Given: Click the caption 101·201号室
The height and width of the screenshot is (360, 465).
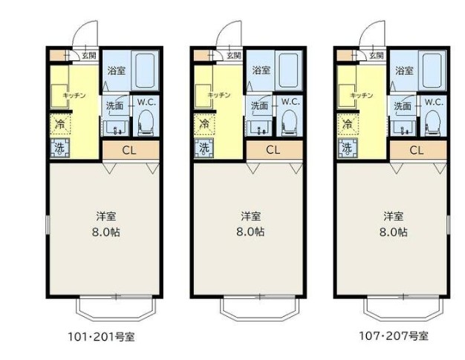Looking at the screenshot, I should [x=100, y=336].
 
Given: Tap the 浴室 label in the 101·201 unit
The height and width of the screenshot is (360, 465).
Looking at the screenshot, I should [x=115, y=71].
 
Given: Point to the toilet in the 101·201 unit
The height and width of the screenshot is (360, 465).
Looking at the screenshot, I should [x=146, y=123].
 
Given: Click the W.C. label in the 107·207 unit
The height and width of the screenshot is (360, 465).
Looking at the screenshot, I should [x=433, y=102].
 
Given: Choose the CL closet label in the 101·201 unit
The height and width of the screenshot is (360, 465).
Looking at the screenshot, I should [x=129, y=151].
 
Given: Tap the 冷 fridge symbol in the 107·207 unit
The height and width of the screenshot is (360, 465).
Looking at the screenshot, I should [x=346, y=123].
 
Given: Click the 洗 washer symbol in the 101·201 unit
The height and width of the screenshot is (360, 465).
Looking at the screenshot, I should [x=59, y=148].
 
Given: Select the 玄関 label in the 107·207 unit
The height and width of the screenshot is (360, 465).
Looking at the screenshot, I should [x=376, y=55].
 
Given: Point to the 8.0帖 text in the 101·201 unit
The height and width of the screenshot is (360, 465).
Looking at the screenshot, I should [x=105, y=232].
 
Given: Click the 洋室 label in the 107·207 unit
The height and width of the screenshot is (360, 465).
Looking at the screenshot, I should [x=393, y=217].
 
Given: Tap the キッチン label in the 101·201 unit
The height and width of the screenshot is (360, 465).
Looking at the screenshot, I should [x=74, y=96].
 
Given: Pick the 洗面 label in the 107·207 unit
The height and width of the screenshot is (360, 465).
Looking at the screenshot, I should [x=401, y=106].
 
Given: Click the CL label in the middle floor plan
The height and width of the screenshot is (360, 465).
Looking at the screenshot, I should [x=273, y=151].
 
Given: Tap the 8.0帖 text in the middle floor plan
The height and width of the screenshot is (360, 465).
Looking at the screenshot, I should [x=250, y=232].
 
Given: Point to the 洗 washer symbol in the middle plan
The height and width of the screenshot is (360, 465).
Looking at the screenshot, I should [x=202, y=148].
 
